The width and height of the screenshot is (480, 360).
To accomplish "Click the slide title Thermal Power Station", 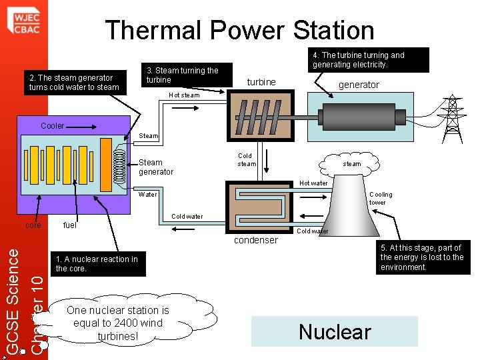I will point(239,30).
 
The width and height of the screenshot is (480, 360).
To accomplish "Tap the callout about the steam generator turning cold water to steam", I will point(74,83).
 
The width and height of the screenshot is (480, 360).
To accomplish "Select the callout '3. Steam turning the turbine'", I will point(183,75).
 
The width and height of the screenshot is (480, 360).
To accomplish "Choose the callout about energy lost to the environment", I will point(422,257).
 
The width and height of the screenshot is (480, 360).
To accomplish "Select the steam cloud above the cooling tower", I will point(352,163).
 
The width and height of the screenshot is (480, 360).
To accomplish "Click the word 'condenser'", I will point(255,240).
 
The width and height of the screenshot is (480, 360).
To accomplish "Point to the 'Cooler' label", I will point(53,126).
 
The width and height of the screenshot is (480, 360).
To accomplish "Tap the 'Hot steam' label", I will point(184,95).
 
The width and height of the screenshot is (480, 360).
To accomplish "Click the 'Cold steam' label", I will point(246,160).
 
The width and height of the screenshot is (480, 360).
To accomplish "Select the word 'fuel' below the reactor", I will point(69,225).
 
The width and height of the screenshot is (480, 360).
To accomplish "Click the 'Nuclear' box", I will point(335,331).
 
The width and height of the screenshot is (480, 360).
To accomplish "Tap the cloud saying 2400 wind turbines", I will point(118,323).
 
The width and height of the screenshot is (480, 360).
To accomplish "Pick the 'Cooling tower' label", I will point(381,199).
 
